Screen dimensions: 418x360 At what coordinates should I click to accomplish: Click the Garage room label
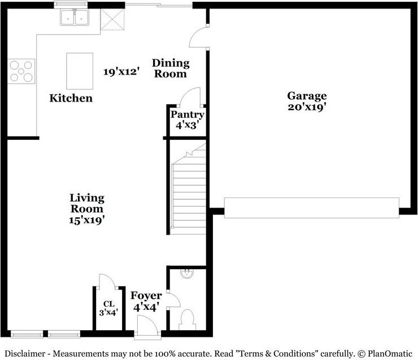coord(307,96)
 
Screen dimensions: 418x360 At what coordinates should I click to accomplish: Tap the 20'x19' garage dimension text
coord(307,107)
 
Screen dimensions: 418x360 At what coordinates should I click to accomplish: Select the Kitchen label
coord(71,98)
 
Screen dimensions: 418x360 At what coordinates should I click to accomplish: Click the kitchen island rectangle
coord(80,71)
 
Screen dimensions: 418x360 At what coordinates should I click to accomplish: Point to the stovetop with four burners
coord(21,71)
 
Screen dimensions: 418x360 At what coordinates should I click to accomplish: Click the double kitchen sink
coord(75,17)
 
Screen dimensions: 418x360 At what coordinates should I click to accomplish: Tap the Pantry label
coord(188,115)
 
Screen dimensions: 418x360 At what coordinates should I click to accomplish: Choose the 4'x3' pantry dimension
coord(188,125)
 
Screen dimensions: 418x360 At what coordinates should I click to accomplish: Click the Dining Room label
coord(171,68)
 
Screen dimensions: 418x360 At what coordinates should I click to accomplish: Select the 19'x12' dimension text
coord(121,72)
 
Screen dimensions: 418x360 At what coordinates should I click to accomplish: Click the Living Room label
coord(87,203)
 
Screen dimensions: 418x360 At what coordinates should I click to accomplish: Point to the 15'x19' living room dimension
coord(86,220)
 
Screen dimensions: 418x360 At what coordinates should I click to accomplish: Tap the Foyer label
coord(146,296)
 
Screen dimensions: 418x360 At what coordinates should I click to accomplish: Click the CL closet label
coord(109,304)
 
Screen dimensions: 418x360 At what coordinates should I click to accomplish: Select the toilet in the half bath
coord(187,319)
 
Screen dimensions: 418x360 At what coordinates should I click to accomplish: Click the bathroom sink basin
coord(186,274)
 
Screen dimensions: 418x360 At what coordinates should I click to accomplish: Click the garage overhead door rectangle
coord(312,208)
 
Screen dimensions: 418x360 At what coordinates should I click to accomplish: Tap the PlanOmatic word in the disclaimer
coord(390,354)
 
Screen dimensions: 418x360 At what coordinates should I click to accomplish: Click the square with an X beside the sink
coord(112,19)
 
